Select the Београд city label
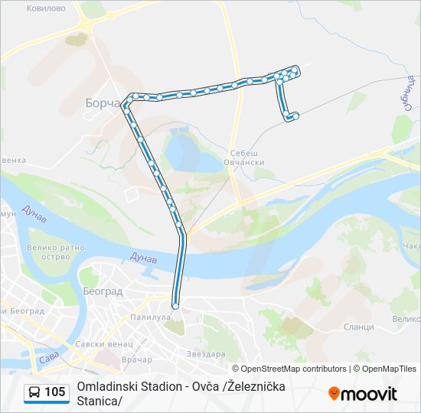point(102,291)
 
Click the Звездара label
point(206,354)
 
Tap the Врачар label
point(137,359)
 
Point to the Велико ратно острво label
point(54,252)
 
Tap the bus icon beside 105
point(34,392)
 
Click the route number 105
point(55,392)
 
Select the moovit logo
point(363,393)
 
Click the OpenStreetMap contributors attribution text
point(285,369)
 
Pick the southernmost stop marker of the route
point(175,306)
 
